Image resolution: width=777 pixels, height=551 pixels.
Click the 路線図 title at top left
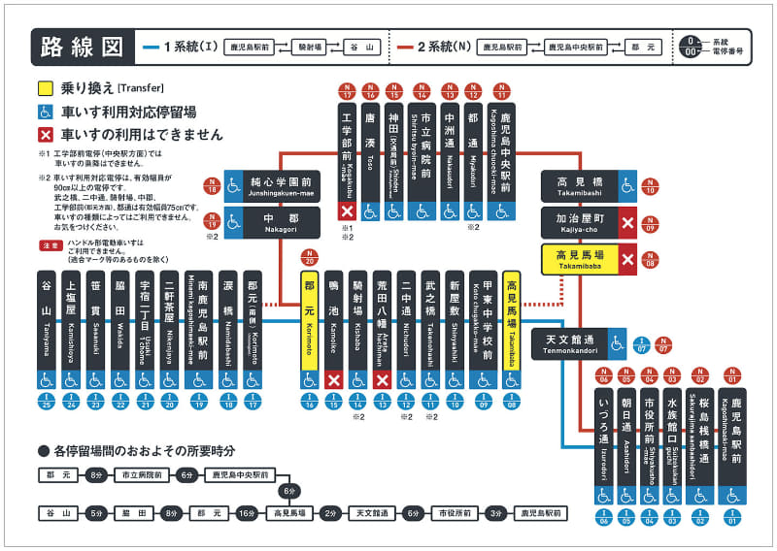82,46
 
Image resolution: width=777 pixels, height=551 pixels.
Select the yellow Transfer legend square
45,86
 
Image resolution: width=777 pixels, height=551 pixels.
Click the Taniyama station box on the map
45,320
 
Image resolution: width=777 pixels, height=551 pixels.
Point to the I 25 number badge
45,400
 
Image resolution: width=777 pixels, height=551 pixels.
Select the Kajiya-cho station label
579,223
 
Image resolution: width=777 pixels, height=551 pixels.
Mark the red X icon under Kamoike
334,379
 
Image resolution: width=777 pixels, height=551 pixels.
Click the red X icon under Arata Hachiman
383,379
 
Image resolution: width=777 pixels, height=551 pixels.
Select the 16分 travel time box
247,512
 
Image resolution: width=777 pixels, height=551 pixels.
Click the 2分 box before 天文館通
330,512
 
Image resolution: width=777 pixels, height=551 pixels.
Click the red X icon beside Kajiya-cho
627,223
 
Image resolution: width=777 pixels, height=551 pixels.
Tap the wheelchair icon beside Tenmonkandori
616,342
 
